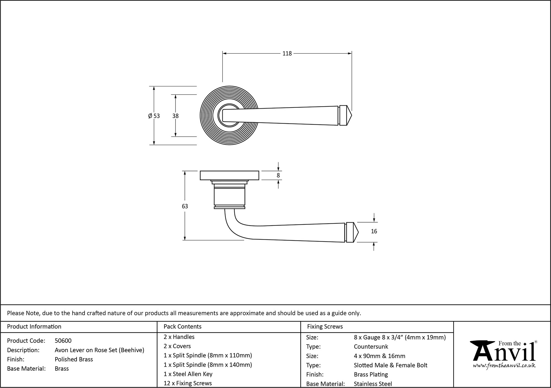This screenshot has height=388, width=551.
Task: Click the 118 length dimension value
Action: point(287,53)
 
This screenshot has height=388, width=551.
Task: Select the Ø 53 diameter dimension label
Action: point(154,116)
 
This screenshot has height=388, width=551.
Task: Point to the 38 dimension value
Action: point(175,116)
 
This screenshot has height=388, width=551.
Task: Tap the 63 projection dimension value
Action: point(185,206)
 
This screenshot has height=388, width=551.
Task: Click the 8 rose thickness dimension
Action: point(278,175)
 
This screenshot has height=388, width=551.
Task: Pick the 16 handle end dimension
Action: point(374,231)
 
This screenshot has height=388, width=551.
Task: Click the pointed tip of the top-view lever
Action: point(351,116)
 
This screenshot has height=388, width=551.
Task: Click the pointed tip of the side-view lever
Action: point(358,232)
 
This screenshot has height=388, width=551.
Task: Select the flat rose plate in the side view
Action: point(229,175)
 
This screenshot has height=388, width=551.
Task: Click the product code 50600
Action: point(63,341)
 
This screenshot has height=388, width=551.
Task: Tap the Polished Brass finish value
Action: point(74,359)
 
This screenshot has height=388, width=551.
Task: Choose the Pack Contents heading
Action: point(182,327)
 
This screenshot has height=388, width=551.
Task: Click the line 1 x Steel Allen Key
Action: point(188,374)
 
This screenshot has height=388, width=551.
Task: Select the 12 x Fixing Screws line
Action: point(188,383)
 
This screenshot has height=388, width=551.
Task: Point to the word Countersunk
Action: point(371,347)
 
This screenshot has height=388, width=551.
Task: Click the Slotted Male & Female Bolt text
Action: point(390,365)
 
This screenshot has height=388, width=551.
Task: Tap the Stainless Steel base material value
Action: point(373,384)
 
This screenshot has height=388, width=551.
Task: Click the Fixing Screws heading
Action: point(325,327)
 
